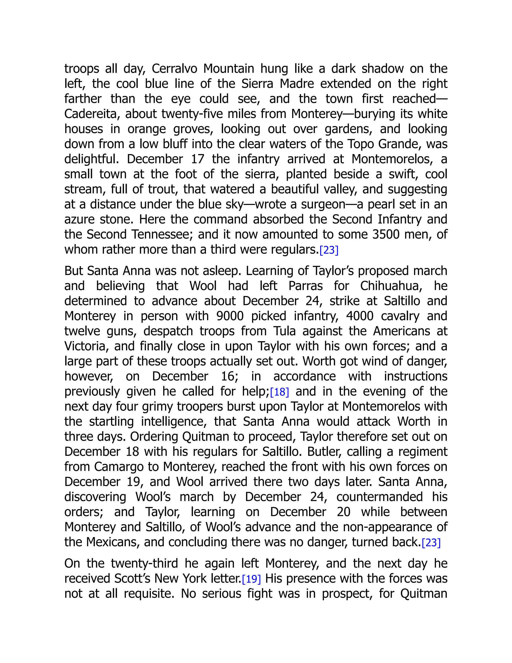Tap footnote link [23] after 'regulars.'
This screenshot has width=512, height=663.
pos(329,250)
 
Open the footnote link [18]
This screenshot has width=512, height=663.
pos(279,392)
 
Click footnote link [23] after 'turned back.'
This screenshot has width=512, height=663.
pos(431,543)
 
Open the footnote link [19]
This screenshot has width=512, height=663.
pos(251,579)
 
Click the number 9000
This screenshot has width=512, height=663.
pos(230,316)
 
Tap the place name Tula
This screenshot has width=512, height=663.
pos(284,331)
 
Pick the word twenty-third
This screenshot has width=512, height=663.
pos(144,564)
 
